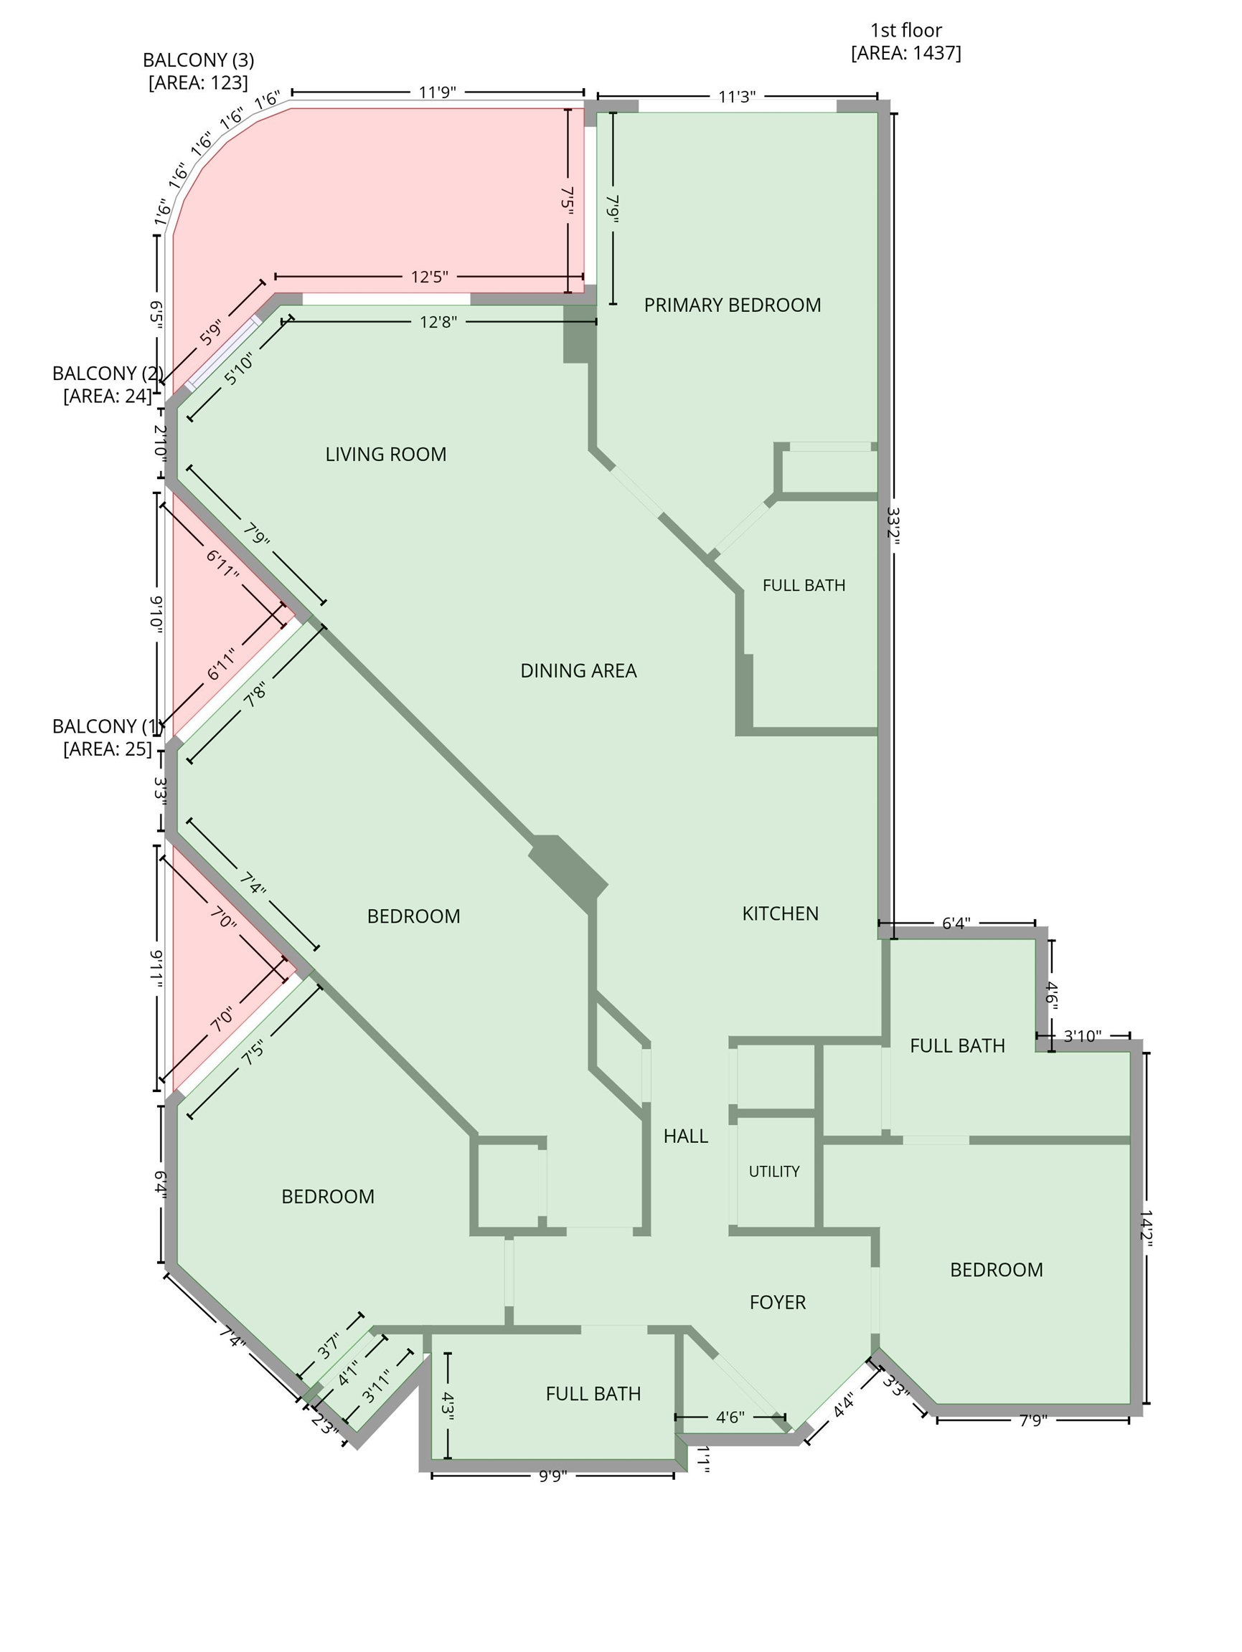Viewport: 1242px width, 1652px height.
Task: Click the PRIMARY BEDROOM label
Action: (732, 305)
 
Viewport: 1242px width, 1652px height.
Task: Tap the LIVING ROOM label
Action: (385, 454)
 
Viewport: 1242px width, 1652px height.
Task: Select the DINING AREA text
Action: (578, 670)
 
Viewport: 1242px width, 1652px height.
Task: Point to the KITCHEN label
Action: (780, 913)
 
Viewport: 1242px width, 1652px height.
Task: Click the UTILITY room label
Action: (774, 1171)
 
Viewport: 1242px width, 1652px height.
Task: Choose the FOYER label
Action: (777, 1303)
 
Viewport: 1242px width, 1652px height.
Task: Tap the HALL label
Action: (685, 1136)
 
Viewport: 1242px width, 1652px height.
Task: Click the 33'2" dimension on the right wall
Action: (893, 527)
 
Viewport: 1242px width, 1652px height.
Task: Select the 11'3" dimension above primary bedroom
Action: (737, 96)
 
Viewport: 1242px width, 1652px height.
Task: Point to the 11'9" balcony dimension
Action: (437, 92)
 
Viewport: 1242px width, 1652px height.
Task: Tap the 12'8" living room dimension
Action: (438, 322)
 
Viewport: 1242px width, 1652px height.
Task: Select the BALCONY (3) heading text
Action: (198, 60)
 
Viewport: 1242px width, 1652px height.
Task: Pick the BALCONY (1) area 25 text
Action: (108, 749)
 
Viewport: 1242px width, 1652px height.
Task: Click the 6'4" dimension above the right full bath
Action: (956, 923)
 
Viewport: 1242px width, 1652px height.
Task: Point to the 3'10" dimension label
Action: (1083, 1036)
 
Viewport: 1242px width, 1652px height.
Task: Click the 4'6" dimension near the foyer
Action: (730, 1417)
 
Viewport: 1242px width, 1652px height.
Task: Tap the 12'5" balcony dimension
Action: (430, 277)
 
